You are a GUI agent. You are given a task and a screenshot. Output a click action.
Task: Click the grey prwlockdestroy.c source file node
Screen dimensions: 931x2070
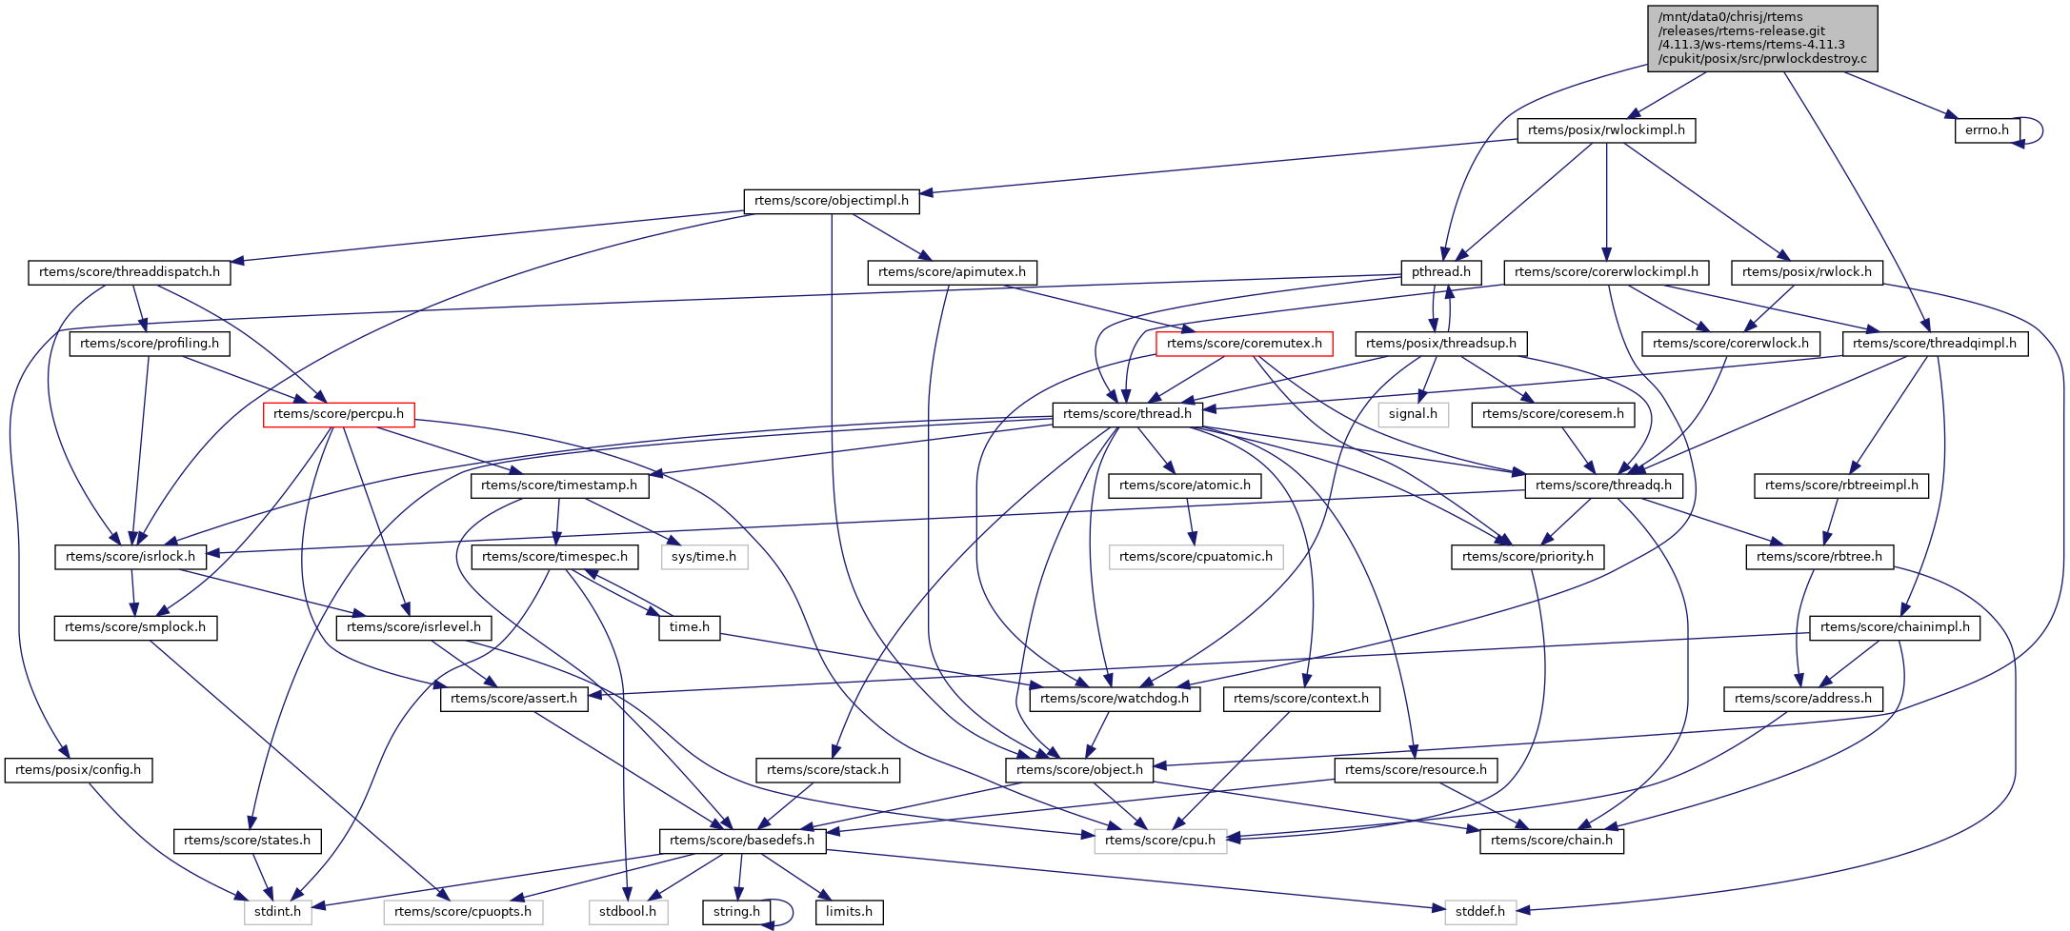pyautogui.click(x=1761, y=38)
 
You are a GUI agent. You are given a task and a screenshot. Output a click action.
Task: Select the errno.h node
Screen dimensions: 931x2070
pyautogui.click(x=1986, y=130)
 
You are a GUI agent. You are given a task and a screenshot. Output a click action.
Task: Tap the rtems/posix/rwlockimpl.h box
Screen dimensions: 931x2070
pyautogui.click(x=1606, y=130)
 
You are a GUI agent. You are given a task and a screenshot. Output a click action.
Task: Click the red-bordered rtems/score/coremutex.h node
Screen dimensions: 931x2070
pyautogui.click(x=1243, y=344)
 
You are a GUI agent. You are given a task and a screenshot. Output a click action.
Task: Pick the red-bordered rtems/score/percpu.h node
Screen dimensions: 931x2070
pyautogui.click(x=338, y=414)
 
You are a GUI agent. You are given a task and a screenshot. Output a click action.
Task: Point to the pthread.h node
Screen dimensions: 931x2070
pyautogui.click(x=1440, y=272)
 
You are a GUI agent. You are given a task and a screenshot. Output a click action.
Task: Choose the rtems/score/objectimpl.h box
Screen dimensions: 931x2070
pyautogui.click(x=831, y=201)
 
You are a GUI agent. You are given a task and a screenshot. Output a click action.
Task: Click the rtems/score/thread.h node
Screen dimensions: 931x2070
pyautogui.click(x=1127, y=414)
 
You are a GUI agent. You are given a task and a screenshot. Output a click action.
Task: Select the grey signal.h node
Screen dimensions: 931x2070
pyautogui.click(x=1413, y=414)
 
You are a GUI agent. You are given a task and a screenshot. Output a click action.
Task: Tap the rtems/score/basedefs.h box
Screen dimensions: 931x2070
pyautogui.click(x=742, y=841)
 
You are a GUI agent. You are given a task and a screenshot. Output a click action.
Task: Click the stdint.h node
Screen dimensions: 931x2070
pyautogui.click(x=277, y=912)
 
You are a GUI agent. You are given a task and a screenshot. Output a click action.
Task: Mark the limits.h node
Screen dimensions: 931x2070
pyautogui.click(x=849, y=912)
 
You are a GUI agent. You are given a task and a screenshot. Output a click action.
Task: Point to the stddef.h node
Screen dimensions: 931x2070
pyautogui.click(x=1480, y=912)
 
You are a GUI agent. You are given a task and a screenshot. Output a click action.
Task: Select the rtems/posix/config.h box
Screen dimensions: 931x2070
pyautogui.click(x=78, y=770)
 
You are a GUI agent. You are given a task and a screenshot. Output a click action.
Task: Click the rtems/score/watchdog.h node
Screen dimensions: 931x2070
pyautogui.click(x=1115, y=699)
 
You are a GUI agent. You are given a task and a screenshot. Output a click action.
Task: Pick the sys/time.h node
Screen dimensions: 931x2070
pyautogui.click(x=703, y=557)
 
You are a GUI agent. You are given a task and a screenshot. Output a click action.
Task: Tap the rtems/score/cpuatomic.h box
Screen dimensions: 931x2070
pyautogui.click(x=1196, y=557)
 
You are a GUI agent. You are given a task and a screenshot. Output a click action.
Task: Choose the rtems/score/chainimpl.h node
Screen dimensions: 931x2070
pyautogui.click(x=1895, y=627)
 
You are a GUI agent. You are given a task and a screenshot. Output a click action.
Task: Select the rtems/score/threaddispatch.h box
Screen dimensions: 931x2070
pyautogui.click(x=130, y=272)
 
